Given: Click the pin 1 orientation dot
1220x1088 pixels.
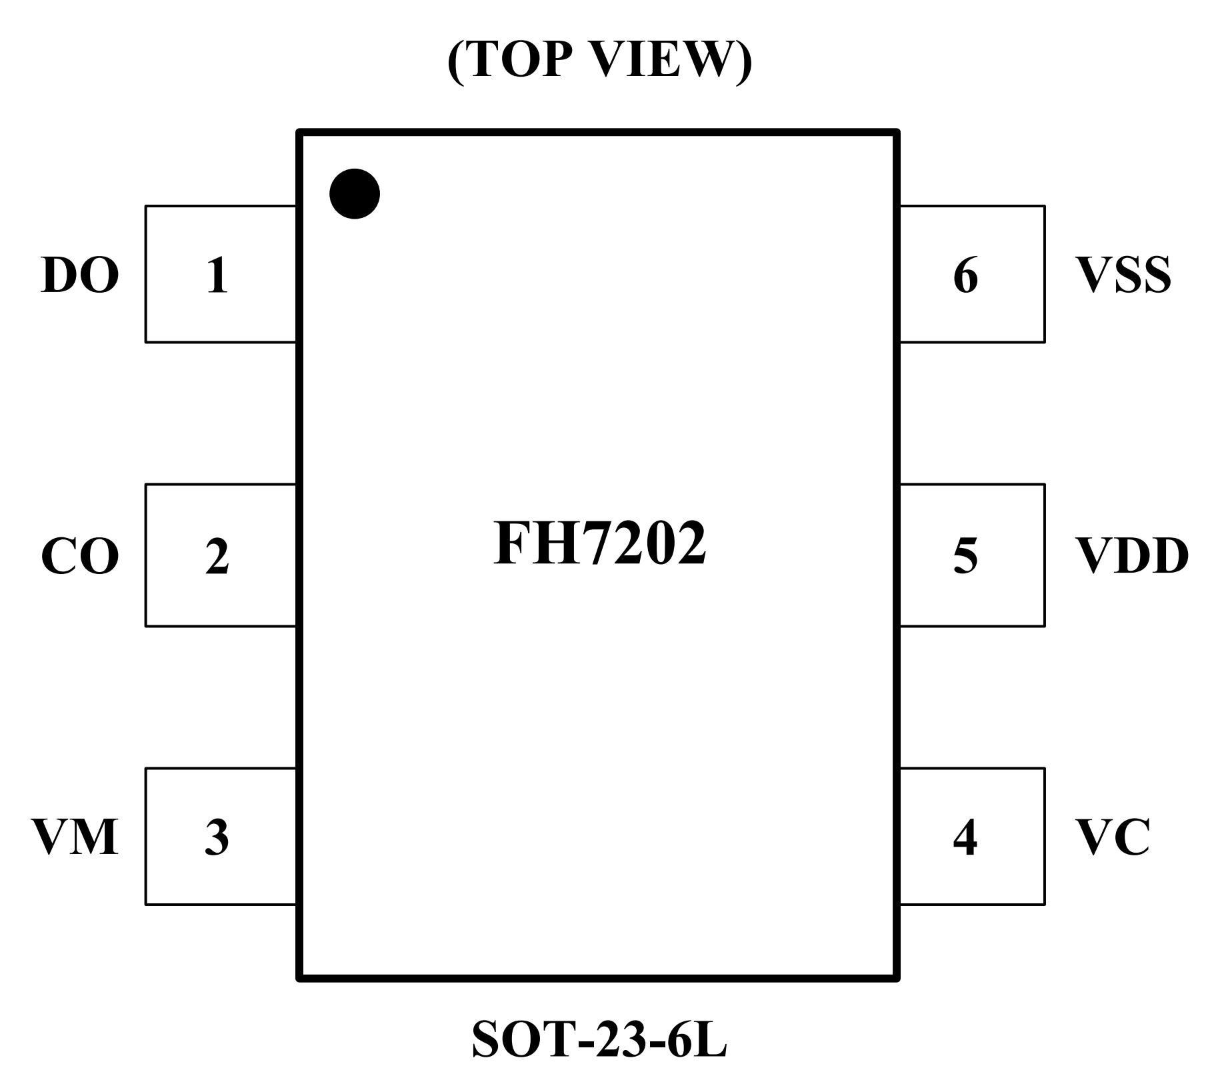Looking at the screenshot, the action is coord(355,193).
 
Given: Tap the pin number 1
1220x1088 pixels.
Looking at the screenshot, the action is coord(217,275).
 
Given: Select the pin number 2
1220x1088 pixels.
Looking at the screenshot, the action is coord(217,557).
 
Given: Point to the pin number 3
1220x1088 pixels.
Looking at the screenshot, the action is coord(217,838).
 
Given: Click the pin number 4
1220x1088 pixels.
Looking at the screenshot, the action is coord(965,837).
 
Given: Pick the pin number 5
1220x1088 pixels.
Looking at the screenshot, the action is coord(965,556).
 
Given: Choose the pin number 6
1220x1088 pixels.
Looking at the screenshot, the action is coord(966,275).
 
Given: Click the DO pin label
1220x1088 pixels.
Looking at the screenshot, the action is coord(80,275).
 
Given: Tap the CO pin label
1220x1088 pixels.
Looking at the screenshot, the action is coord(80,557).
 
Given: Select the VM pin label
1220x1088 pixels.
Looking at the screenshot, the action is coord(75,837).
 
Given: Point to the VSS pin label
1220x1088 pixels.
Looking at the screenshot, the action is coord(1123,275).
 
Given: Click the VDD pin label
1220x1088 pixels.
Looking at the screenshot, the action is coord(1132,556).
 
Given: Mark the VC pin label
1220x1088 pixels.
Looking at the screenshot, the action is coord(1113,837).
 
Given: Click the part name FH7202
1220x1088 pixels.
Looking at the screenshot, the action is coord(599,543).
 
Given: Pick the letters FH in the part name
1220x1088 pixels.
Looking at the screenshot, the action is coord(531,543).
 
